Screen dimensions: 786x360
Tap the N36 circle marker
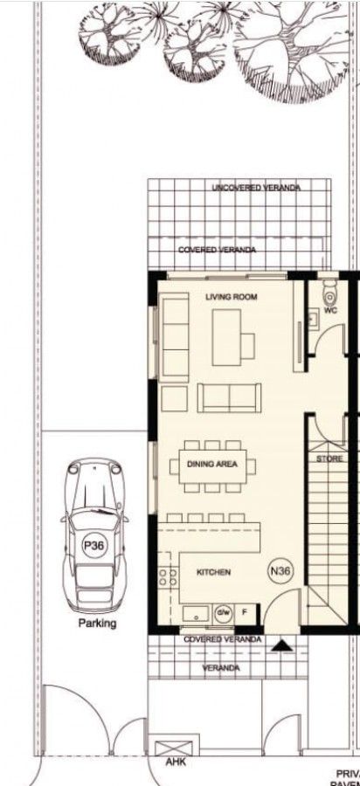click(x=280, y=572)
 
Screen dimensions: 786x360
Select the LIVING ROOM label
click(x=232, y=298)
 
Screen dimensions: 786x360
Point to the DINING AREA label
click(x=212, y=465)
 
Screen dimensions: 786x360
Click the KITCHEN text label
click(x=213, y=573)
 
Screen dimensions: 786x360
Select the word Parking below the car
click(x=97, y=624)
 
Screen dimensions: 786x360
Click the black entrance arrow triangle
click(x=282, y=646)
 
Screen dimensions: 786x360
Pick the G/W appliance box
click(x=222, y=611)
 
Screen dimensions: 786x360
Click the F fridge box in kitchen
click(x=245, y=611)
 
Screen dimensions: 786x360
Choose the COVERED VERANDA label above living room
click(x=218, y=250)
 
